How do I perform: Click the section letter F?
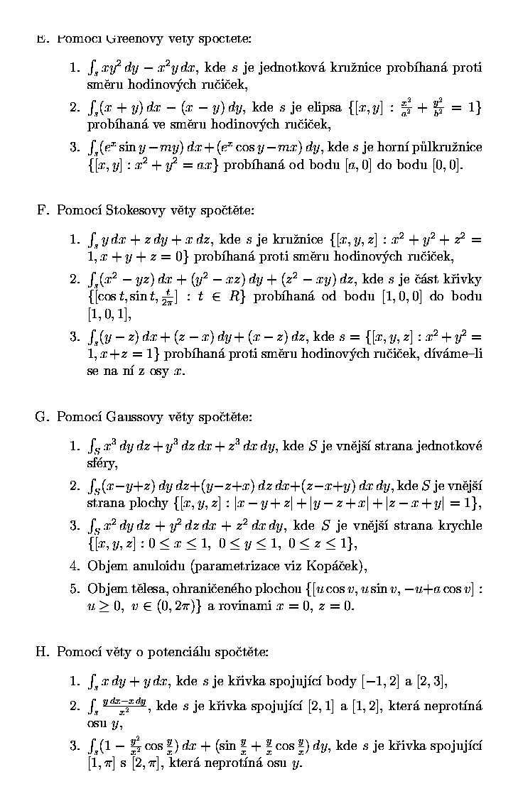(41, 210)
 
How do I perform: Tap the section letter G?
(41, 417)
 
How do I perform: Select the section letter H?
(41, 651)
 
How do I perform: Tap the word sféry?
(101, 463)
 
